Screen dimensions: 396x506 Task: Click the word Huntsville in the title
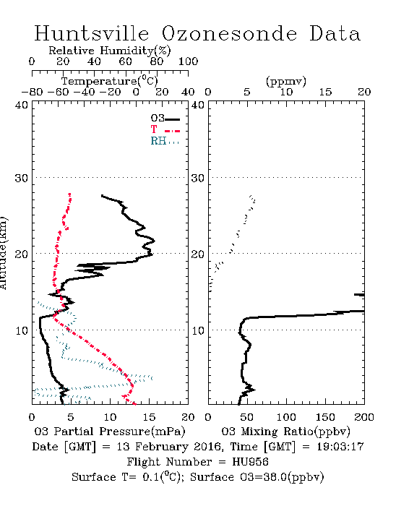pos(92,33)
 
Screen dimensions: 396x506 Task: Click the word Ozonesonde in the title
pos(229,33)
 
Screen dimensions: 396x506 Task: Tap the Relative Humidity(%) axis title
pos(110,51)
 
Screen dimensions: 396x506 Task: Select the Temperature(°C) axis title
pos(110,81)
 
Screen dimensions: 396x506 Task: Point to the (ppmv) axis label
pos(285,82)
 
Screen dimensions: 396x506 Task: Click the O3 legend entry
pos(165,118)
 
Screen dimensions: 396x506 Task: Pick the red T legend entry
pos(165,129)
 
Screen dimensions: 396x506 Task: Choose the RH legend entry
pos(165,141)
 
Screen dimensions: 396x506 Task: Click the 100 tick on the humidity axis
pos(188,61)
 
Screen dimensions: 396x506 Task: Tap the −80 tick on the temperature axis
pos(32,93)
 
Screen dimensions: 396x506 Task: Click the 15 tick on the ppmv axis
pos(325,93)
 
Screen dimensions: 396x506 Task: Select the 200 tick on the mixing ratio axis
pos(364,417)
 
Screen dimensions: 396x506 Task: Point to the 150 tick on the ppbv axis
pos(325,417)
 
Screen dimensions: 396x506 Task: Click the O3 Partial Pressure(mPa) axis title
pos(110,432)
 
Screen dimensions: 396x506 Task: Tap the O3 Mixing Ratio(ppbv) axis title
pos(285,432)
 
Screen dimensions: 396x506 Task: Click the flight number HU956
pos(250,462)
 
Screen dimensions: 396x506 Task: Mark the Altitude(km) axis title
pos(3,253)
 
